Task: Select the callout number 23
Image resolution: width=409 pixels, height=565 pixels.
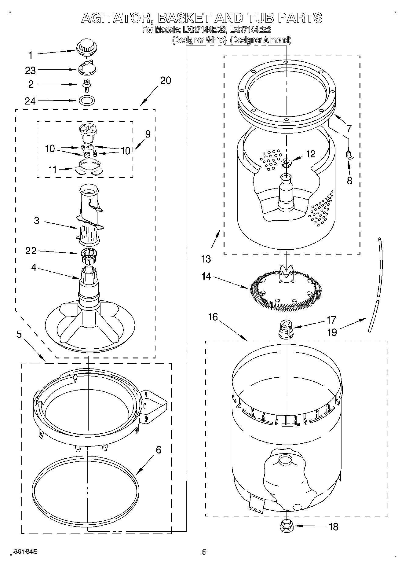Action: click(31, 71)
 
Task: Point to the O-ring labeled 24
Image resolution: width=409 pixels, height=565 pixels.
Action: click(87, 100)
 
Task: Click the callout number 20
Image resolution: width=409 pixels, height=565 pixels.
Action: click(165, 81)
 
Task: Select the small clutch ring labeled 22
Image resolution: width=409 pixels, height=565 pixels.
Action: click(89, 256)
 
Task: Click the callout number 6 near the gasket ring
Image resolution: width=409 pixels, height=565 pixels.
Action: click(158, 450)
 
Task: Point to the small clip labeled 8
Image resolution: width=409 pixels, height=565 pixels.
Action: click(349, 155)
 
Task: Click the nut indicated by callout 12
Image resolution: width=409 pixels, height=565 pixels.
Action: click(286, 163)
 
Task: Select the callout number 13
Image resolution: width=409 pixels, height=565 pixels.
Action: click(206, 259)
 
